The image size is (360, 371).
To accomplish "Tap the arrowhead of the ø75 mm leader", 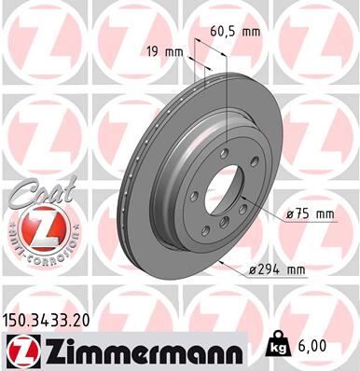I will [242, 198].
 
